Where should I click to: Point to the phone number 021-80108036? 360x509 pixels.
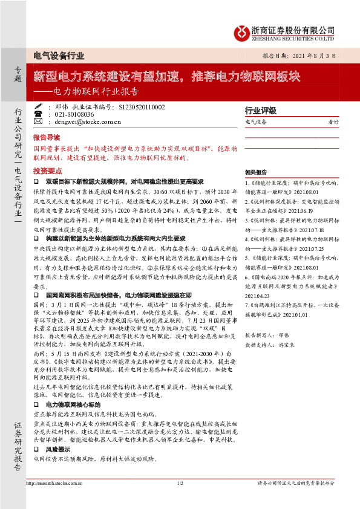[74, 114]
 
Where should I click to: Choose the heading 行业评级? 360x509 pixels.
[260, 111]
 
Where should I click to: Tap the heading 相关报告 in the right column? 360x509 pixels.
[254, 172]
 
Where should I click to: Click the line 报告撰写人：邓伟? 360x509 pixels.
[263, 334]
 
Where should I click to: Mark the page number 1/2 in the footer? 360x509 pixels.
[180, 500]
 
